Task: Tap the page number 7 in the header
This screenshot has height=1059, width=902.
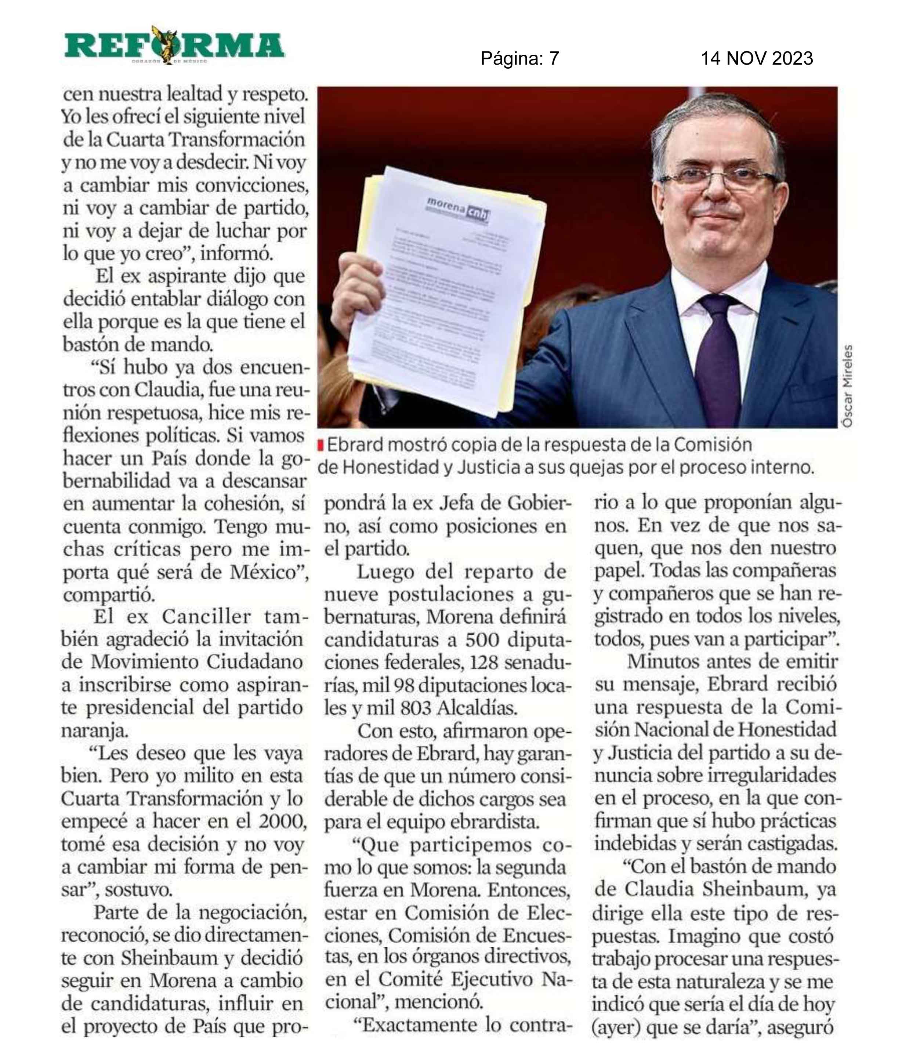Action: click(554, 59)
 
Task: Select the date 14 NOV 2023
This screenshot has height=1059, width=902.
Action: click(756, 58)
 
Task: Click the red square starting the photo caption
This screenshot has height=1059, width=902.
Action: click(321, 446)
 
